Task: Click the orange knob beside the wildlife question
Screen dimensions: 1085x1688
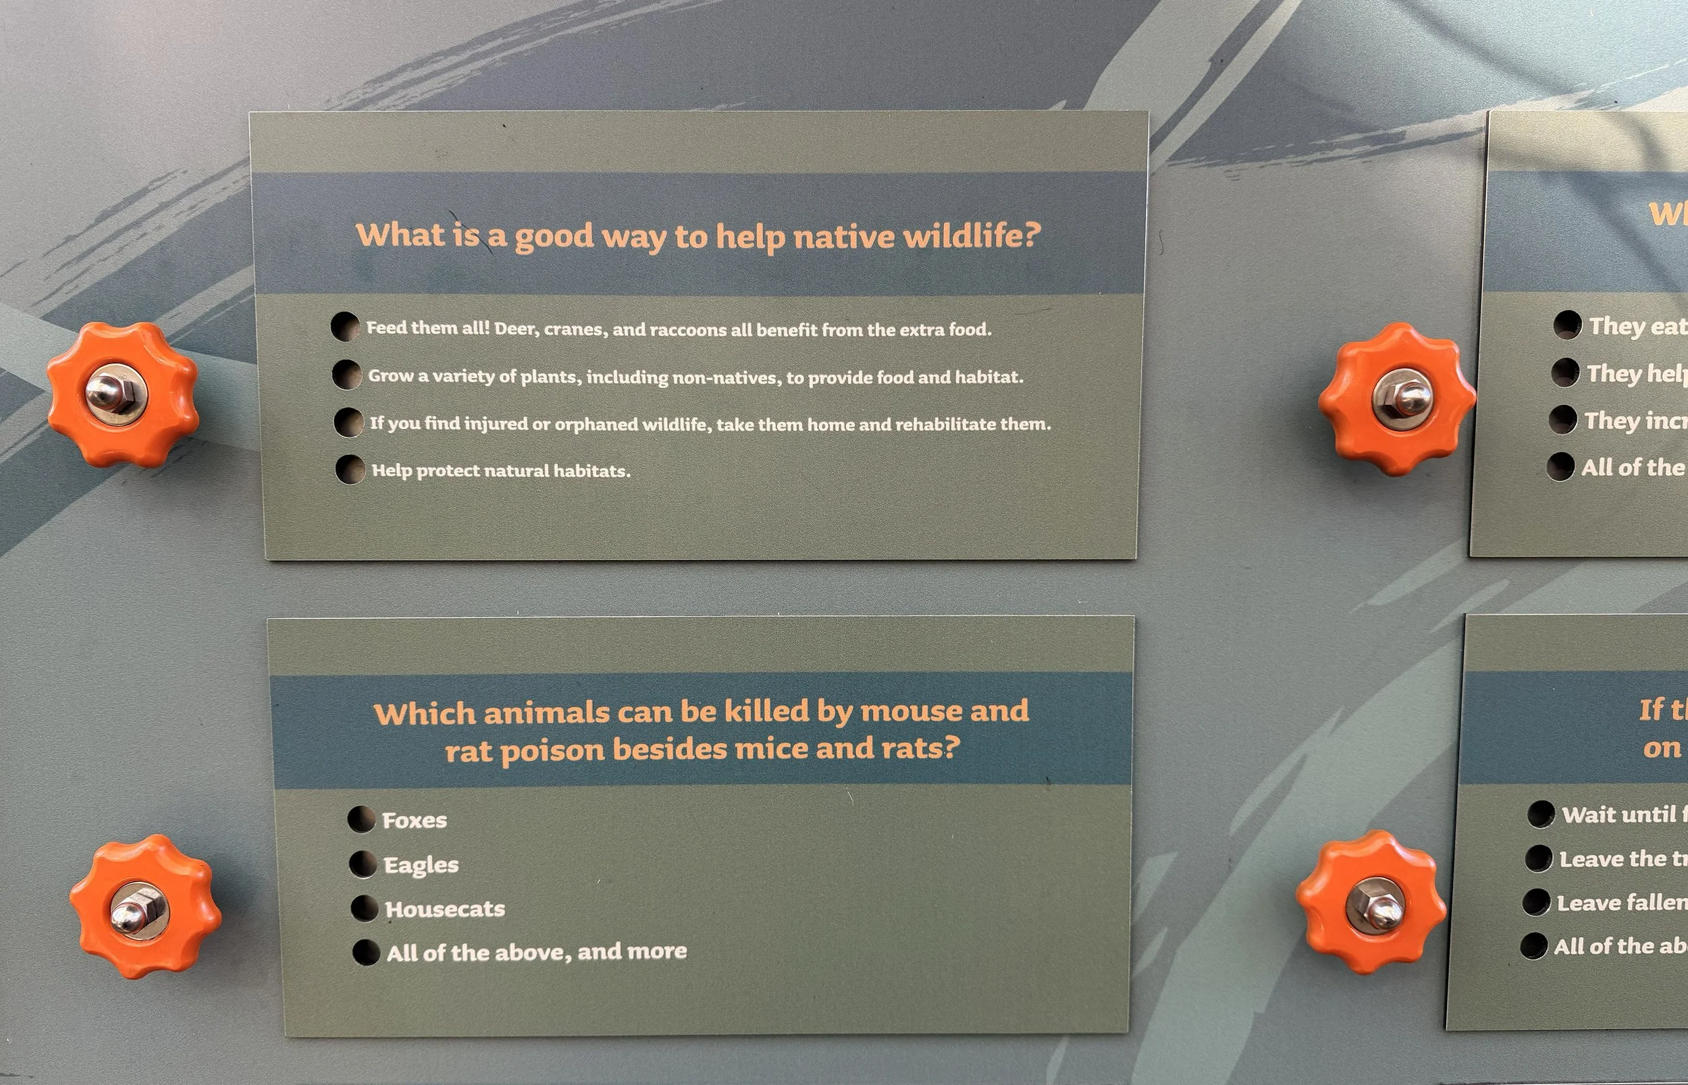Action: (123, 394)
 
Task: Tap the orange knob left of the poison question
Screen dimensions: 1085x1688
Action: (144, 907)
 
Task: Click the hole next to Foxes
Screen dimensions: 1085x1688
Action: (361, 819)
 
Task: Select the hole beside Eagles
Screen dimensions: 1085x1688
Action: (363, 864)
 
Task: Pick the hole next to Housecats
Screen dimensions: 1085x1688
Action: (365, 908)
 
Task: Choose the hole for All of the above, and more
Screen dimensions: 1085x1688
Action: (366, 952)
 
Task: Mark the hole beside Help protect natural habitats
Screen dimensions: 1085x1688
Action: (350, 469)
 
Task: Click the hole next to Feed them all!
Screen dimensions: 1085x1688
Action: (345, 327)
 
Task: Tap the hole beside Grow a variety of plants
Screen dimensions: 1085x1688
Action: (347, 374)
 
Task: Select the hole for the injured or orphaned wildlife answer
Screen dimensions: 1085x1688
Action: (349, 422)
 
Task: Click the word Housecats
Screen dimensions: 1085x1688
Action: (445, 909)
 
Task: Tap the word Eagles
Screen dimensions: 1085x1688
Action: (421, 865)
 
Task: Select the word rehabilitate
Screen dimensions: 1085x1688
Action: (944, 424)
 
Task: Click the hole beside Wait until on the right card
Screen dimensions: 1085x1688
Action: (1541, 814)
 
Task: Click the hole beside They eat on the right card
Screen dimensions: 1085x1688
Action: (1568, 325)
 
